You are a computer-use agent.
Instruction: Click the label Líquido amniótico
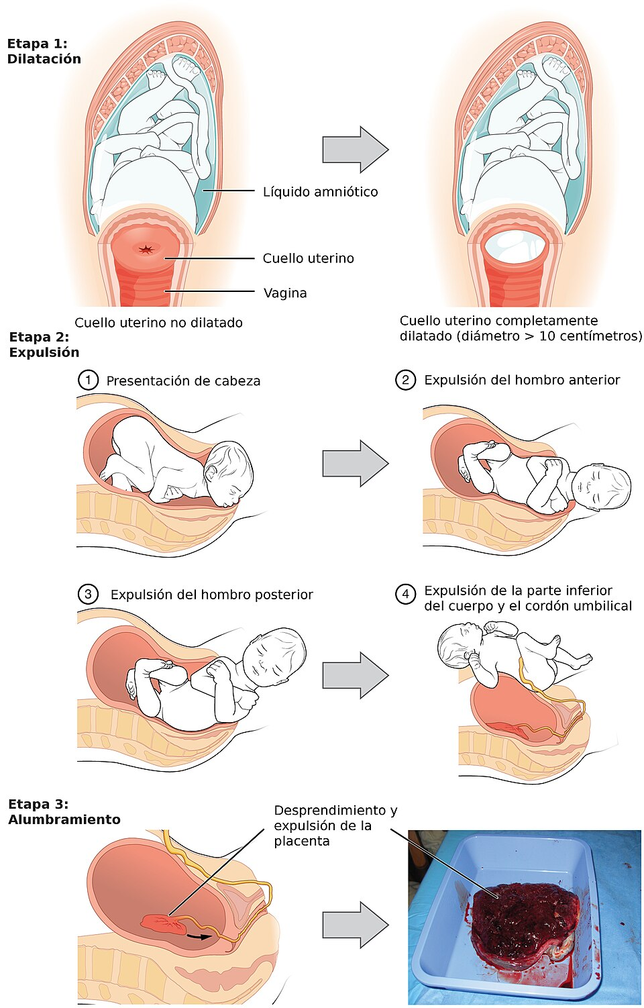pyautogui.click(x=320, y=192)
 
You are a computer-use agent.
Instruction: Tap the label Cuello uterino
pyautogui.click(x=308, y=258)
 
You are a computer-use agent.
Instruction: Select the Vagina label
pyautogui.click(x=285, y=293)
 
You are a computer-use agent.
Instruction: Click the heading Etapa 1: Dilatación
pyautogui.click(x=44, y=51)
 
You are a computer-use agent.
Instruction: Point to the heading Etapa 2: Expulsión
pyautogui.click(x=44, y=344)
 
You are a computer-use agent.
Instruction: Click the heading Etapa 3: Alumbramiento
pyautogui.click(x=64, y=811)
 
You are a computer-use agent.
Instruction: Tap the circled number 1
pyautogui.click(x=88, y=381)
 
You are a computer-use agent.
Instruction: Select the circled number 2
pyautogui.click(x=405, y=381)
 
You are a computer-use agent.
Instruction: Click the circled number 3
pyautogui.click(x=88, y=594)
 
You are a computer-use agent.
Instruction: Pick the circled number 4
pyautogui.click(x=405, y=594)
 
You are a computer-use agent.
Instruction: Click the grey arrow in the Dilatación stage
pyautogui.click(x=355, y=150)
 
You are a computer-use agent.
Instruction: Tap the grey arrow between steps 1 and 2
pyautogui.click(x=355, y=463)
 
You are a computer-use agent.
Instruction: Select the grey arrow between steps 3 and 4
pyautogui.click(x=355, y=675)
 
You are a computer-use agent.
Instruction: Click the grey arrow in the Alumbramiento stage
pyautogui.click(x=355, y=925)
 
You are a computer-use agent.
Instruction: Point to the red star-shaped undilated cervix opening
pyautogui.click(x=146, y=250)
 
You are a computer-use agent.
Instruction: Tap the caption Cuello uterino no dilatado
pyautogui.click(x=158, y=323)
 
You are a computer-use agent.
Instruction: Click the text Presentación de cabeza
pyautogui.click(x=183, y=381)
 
